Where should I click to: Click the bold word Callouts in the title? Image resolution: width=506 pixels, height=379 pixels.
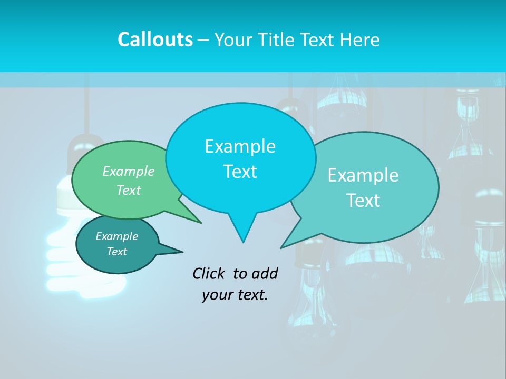155,39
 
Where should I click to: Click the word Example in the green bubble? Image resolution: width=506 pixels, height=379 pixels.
129,171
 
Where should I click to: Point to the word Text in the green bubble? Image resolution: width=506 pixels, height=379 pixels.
129,190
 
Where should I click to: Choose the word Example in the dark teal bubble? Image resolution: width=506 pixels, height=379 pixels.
117,236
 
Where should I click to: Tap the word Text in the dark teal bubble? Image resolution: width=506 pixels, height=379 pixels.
117,252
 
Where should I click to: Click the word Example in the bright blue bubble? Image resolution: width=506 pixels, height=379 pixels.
240,146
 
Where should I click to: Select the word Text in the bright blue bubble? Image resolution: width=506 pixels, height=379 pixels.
240,172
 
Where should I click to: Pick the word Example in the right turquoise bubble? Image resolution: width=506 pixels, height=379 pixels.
363,175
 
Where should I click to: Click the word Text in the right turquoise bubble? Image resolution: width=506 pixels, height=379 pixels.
363,201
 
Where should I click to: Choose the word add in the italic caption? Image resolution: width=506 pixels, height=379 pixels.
265,273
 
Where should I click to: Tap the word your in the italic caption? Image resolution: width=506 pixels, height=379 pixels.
216,295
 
